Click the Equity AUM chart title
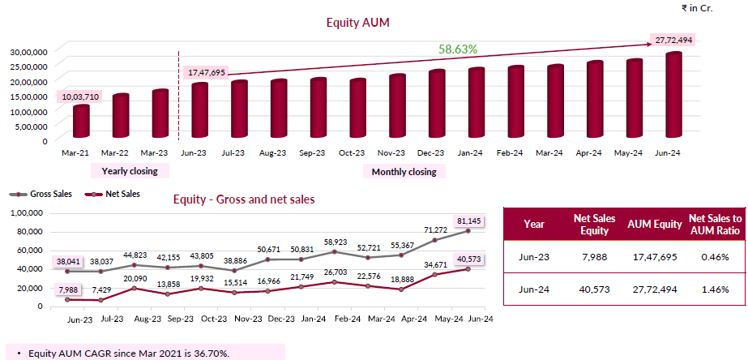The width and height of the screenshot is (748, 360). pyautogui.click(x=358, y=24)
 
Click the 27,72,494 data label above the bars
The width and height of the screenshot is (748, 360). pyautogui.click(x=673, y=40)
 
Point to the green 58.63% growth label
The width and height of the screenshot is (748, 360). pyautogui.click(x=458, y=49)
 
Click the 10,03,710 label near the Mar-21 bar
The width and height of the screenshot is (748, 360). pyautogui.click(x=80, y=97)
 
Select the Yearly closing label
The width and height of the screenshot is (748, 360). pyautogui.click(x=130, y=171)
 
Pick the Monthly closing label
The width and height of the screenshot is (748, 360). pyautogui.click(x=404, y=172)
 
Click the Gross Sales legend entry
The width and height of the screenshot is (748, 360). pyautogui.click(x=40, y=195)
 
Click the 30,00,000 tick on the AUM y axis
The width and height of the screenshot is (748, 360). pyautogui.click(x=28, y=51)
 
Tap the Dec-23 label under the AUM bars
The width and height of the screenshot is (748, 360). pyautogui.click(x=430, y=152)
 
